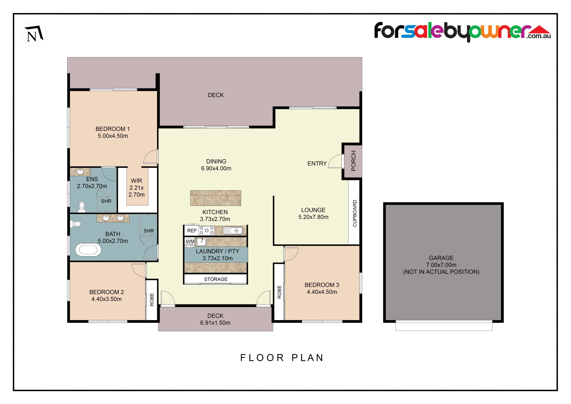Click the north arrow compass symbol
coord(34,34)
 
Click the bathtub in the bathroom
coord(88,250)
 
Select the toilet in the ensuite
coord(82,207)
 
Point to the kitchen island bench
coord(216,198)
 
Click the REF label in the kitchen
coord(192,231)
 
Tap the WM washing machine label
coord(190,241)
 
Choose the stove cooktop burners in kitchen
coord(207,231)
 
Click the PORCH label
coord(354,161)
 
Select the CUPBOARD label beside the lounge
coord(354,213)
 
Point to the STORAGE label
coord(216,279)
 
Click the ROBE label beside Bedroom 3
coord(279,292)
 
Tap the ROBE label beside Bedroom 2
coord(152,300)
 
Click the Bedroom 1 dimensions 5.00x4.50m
coord(113,136)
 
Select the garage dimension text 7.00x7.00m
coord(441,265)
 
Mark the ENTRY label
coord(317,163)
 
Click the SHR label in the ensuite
coord(106,201)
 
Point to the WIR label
coord(137,181)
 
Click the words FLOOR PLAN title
coord(282,358)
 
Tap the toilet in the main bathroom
coord(76,224)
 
